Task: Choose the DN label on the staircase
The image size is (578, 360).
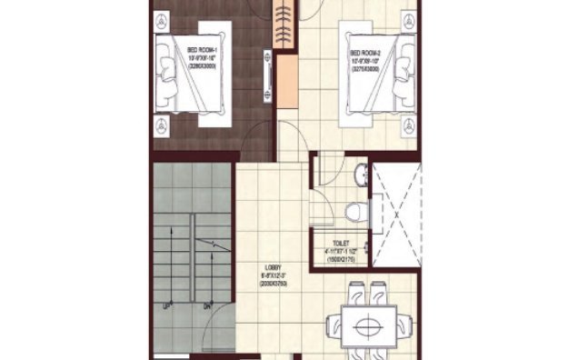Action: [x=207, y=306]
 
